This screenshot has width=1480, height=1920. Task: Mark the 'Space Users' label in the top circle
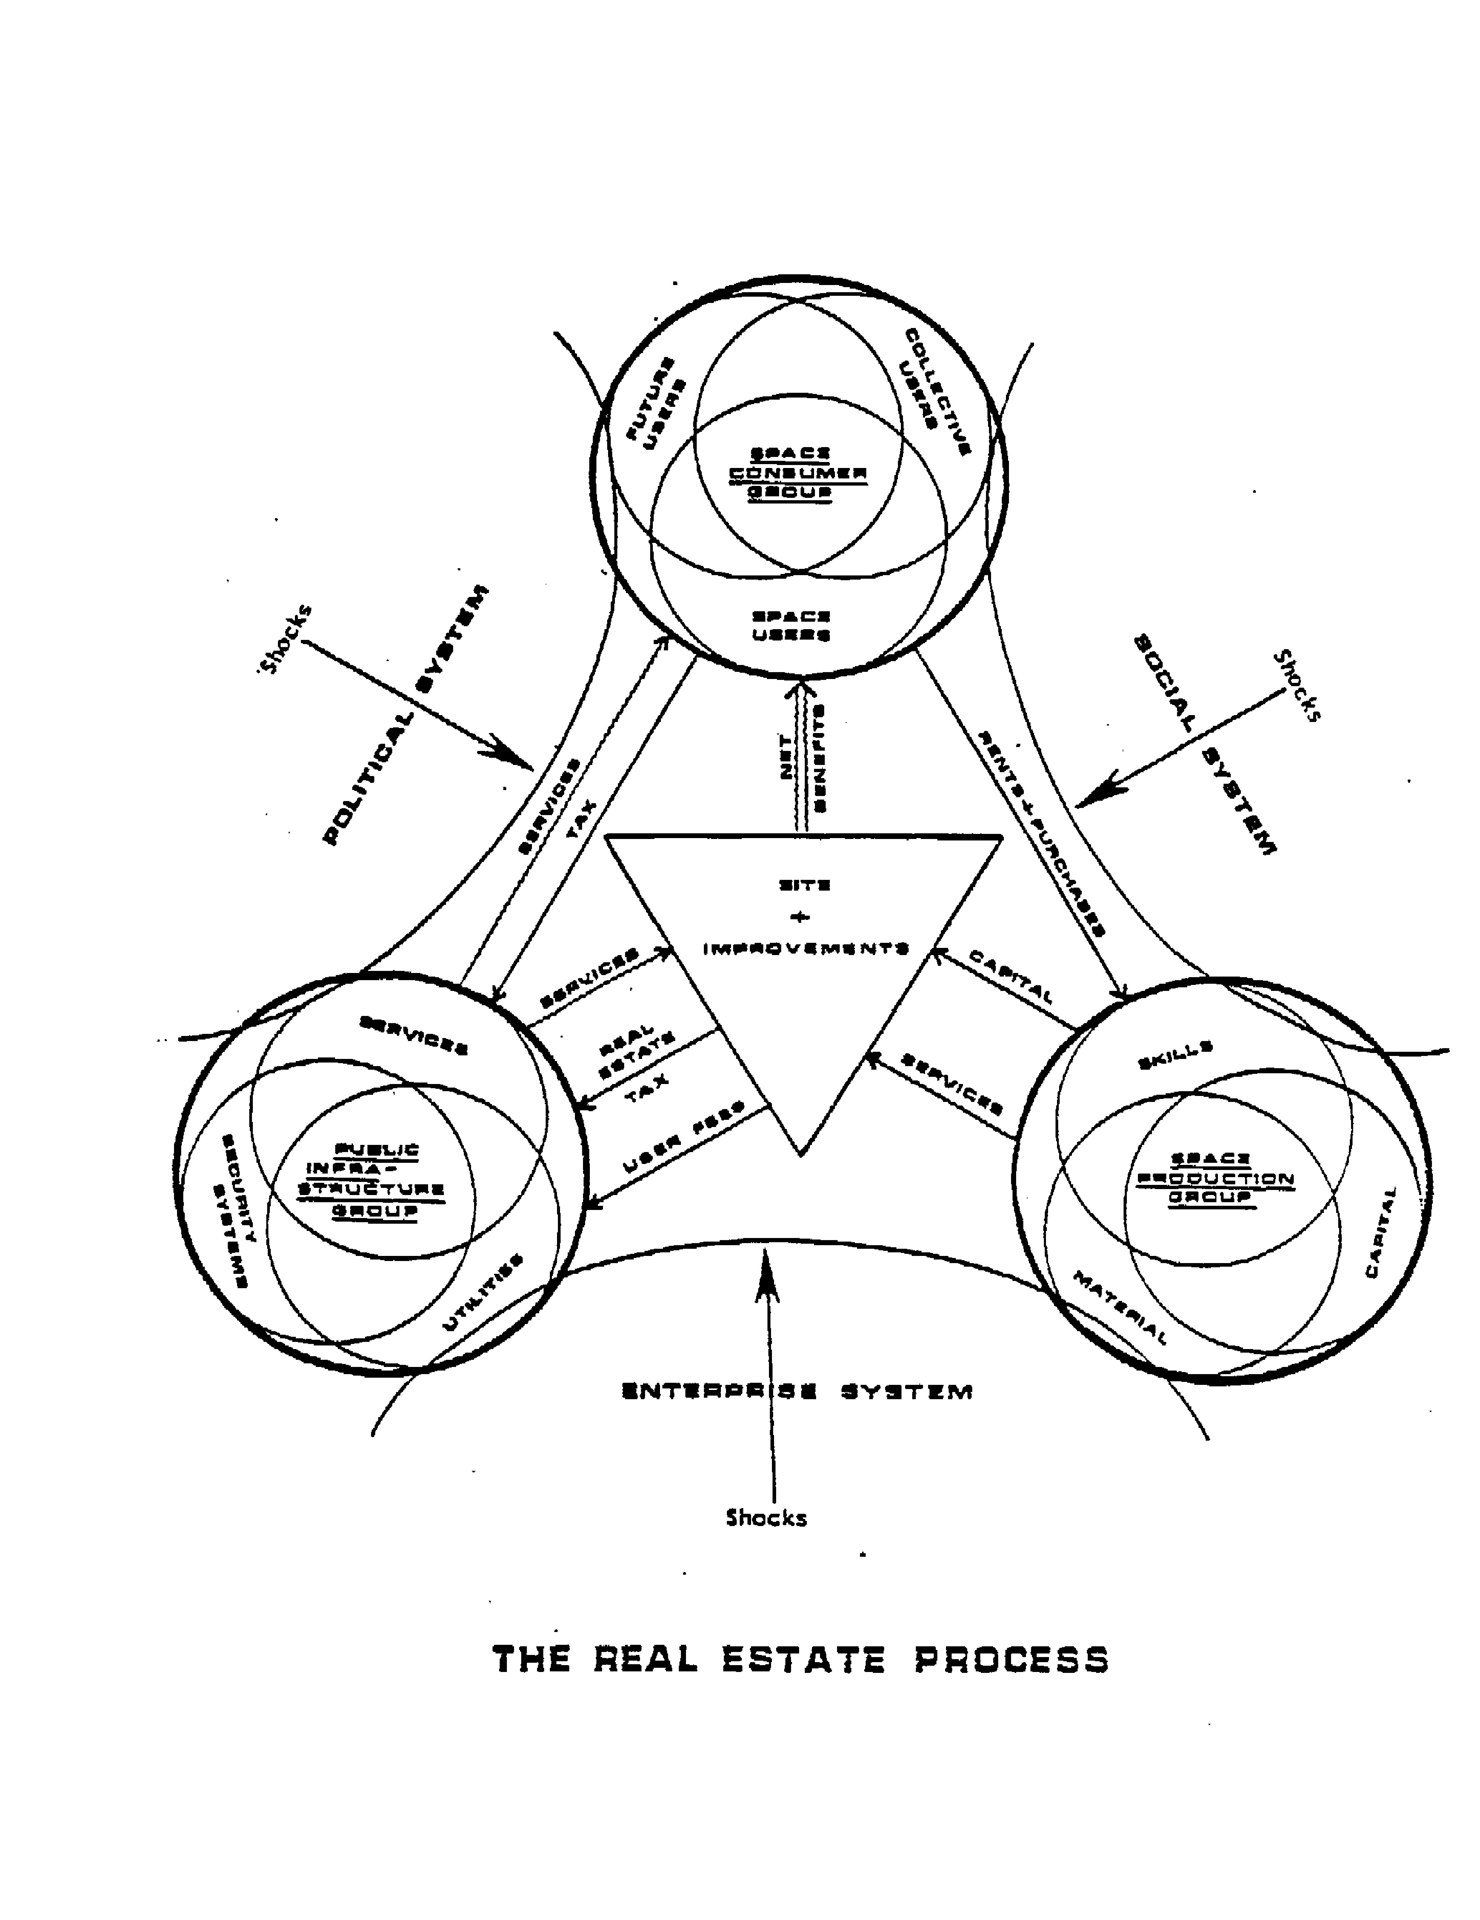(790, 625)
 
